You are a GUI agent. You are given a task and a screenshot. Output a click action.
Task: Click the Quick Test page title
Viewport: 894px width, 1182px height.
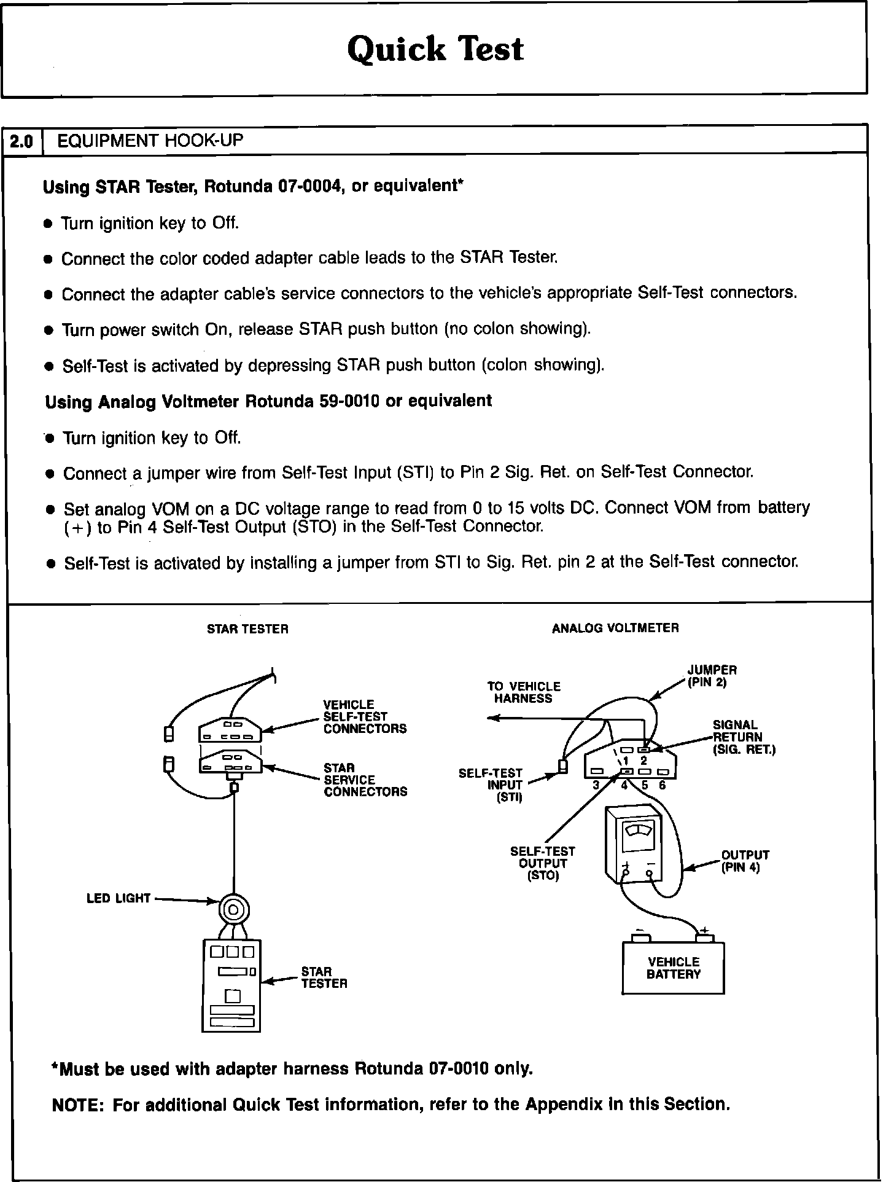tap(435, 49)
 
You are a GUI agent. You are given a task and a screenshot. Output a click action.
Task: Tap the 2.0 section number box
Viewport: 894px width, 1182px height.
tap(21, 142)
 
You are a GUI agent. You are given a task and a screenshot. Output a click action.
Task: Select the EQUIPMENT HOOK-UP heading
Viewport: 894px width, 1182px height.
tap(150, 141)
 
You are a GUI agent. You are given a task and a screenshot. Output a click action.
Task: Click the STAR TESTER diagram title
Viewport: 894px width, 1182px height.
tap(247, 629)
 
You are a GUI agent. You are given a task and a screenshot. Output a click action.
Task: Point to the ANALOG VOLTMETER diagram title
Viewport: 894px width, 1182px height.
tap(615, 628)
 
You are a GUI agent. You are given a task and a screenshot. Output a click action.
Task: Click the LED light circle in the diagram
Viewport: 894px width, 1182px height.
tap(234, 910)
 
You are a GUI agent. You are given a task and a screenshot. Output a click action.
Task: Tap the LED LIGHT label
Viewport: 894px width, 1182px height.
tap(119, 898)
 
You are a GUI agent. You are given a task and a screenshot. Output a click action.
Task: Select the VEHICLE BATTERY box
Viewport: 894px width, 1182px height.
tap(673, 968)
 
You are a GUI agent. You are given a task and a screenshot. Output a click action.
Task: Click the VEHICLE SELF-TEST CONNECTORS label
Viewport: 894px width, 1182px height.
tap(365, 716)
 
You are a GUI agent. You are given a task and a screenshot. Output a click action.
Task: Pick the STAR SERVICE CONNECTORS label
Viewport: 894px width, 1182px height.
tap(365, 780)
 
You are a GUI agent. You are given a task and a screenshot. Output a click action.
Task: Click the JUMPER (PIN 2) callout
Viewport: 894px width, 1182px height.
tap(712, 676)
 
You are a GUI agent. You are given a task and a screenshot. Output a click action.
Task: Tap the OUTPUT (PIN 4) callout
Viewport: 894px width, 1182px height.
tap(745, 861)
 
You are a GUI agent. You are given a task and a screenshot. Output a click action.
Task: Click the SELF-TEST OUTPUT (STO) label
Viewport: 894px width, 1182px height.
tap(543, 863)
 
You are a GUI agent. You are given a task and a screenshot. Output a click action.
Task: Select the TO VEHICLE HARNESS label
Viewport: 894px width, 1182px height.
tap(524, 692)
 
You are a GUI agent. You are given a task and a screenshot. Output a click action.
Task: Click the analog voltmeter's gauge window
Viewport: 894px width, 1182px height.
tap(639, 831)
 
